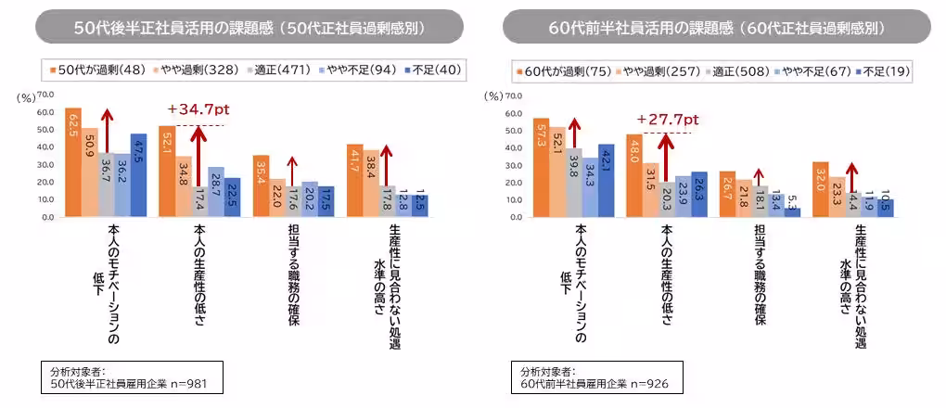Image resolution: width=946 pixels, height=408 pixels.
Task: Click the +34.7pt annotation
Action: point(198,110)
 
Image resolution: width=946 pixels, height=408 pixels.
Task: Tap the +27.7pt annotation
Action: point(666,120)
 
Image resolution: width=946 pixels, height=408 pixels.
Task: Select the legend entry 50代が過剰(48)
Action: point(92,70)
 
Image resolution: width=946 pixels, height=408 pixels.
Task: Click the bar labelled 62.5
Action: point(73,162)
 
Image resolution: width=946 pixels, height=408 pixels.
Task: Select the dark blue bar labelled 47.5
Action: point(138,175)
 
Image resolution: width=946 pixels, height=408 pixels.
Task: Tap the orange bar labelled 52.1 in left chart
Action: point(166,172)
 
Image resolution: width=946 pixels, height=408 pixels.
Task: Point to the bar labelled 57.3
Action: point(542,168)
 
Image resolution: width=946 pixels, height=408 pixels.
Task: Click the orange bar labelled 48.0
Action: point(634,176)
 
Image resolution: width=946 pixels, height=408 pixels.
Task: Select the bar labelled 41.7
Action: point(354,181)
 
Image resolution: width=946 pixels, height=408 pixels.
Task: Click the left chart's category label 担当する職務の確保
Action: point(292,274)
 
